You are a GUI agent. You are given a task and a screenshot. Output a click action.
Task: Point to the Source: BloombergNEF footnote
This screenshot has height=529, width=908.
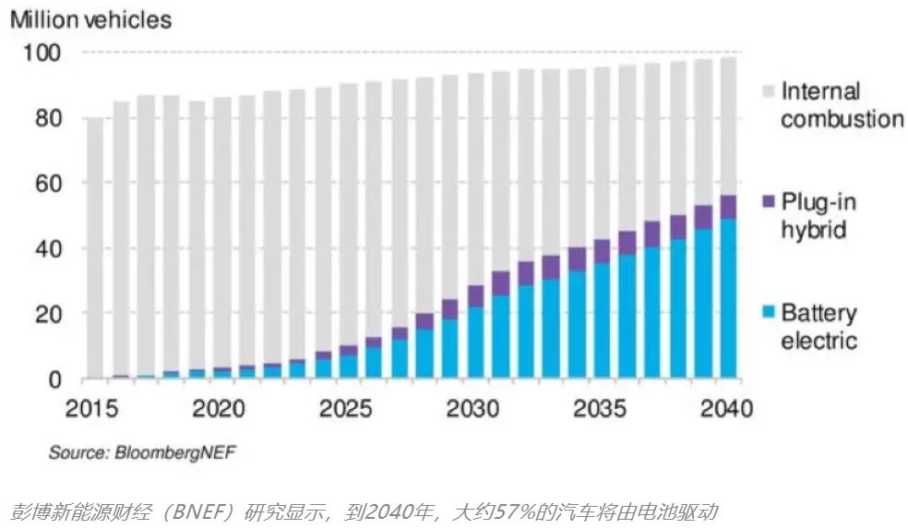(x=136, y=452)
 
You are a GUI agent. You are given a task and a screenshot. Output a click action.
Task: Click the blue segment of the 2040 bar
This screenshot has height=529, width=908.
(x=728, y=300)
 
